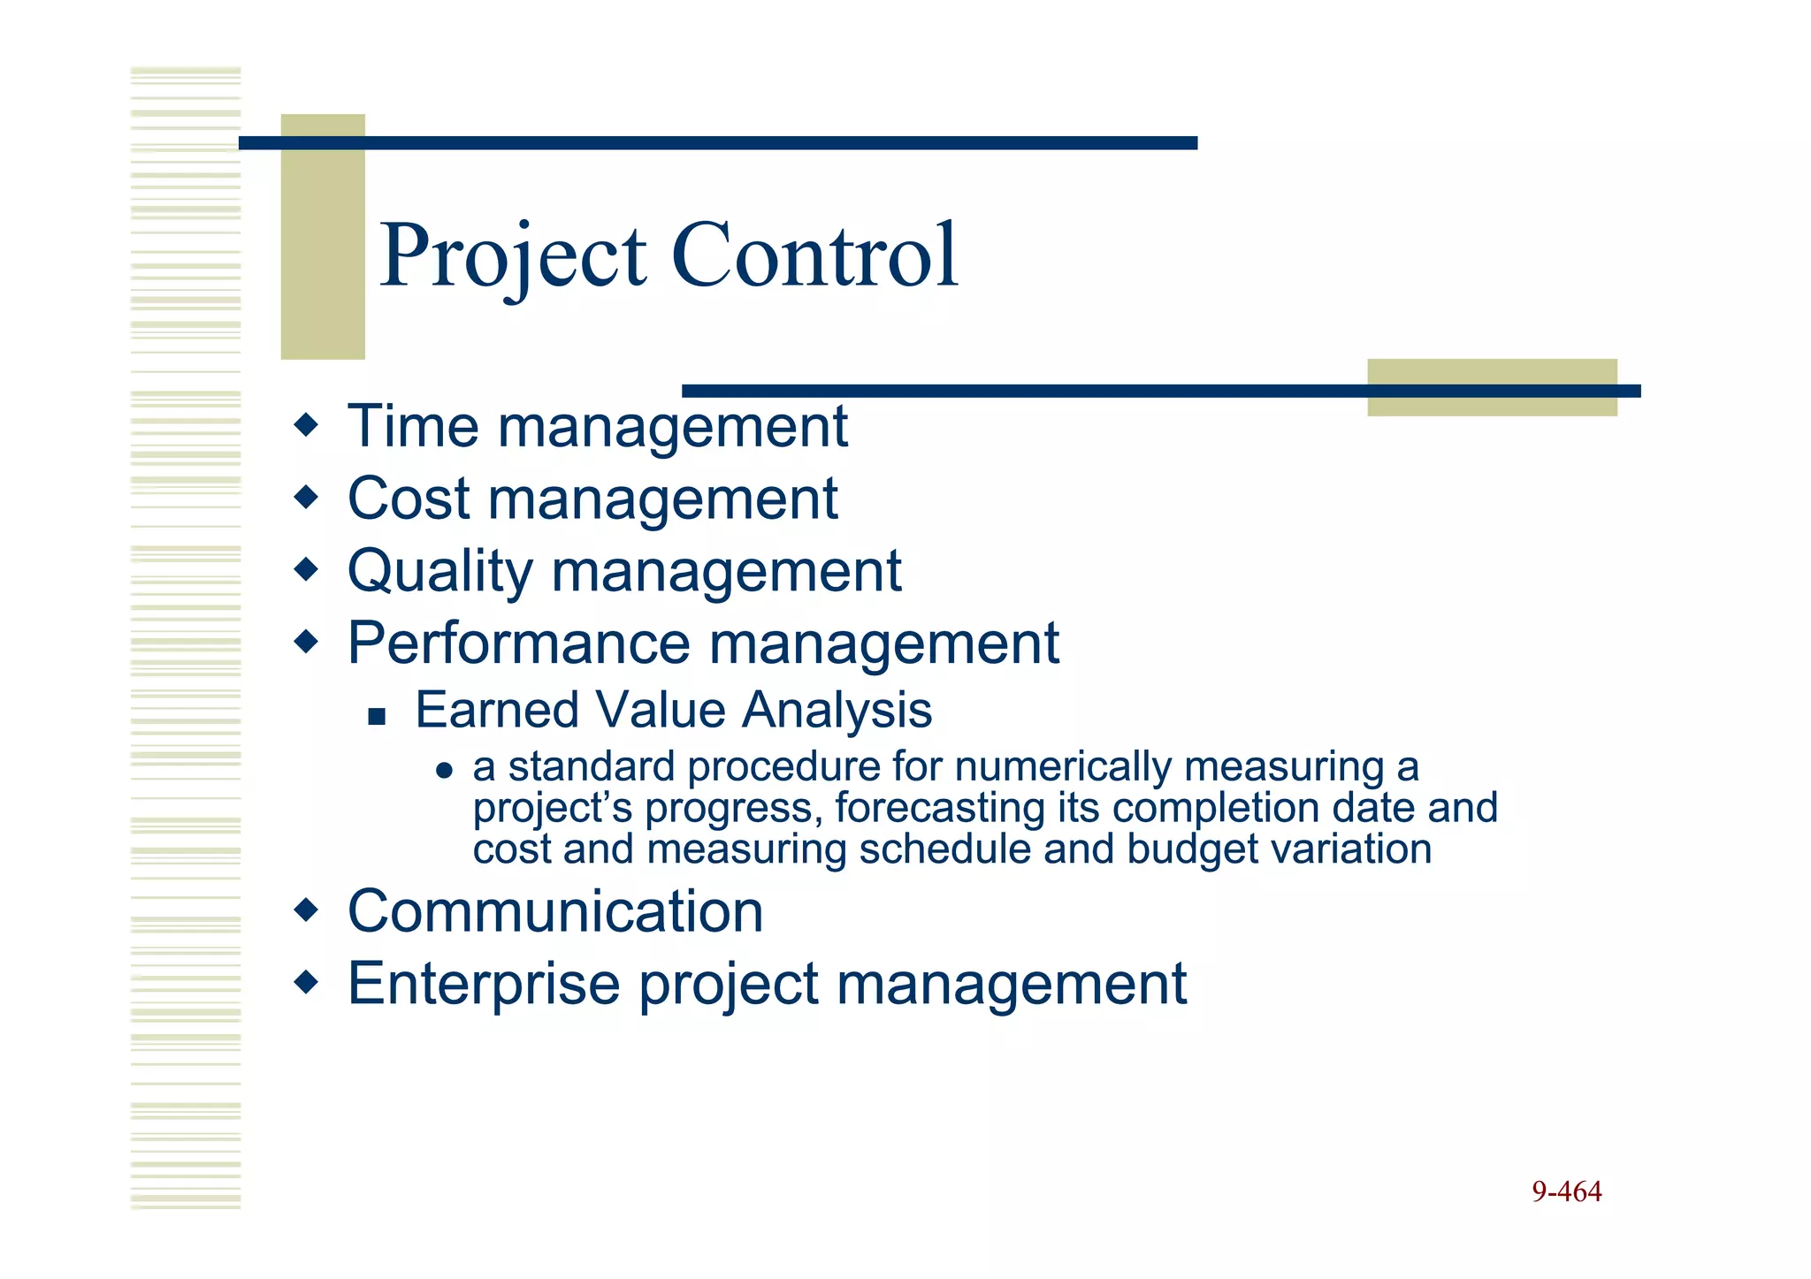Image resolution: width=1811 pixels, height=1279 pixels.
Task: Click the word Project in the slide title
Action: pos(513,256)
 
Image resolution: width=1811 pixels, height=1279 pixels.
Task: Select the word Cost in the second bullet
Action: pos(408,499)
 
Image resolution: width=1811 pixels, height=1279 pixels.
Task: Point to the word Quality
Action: pos(439,572)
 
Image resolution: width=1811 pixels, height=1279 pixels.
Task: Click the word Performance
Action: pos(518,643)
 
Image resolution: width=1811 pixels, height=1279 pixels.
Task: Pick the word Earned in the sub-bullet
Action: pos(496,710)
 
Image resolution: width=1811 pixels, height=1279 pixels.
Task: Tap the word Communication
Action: pos(554,911)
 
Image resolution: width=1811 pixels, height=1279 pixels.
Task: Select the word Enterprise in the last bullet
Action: pos(484,984)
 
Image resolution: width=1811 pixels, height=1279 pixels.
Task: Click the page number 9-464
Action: pos(1566,1191)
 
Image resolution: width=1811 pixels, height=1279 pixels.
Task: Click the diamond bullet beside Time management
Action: pos(306,425)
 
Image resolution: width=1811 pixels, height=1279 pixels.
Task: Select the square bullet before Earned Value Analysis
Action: pos(378,715)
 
